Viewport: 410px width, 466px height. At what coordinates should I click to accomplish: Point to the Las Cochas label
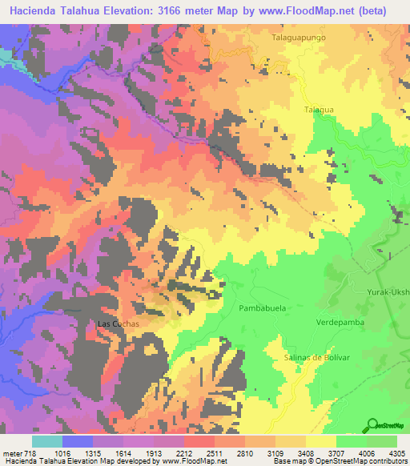pos(119,323)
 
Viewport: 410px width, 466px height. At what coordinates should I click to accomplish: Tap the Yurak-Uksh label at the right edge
pos(388,291)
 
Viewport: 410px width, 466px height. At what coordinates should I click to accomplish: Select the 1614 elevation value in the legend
pos(123,453)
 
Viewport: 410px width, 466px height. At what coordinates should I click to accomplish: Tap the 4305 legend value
pos(396,453)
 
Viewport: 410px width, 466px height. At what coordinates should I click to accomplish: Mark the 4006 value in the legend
pos(366,453)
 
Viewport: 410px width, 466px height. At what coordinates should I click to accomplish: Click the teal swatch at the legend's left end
pos(47,441)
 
